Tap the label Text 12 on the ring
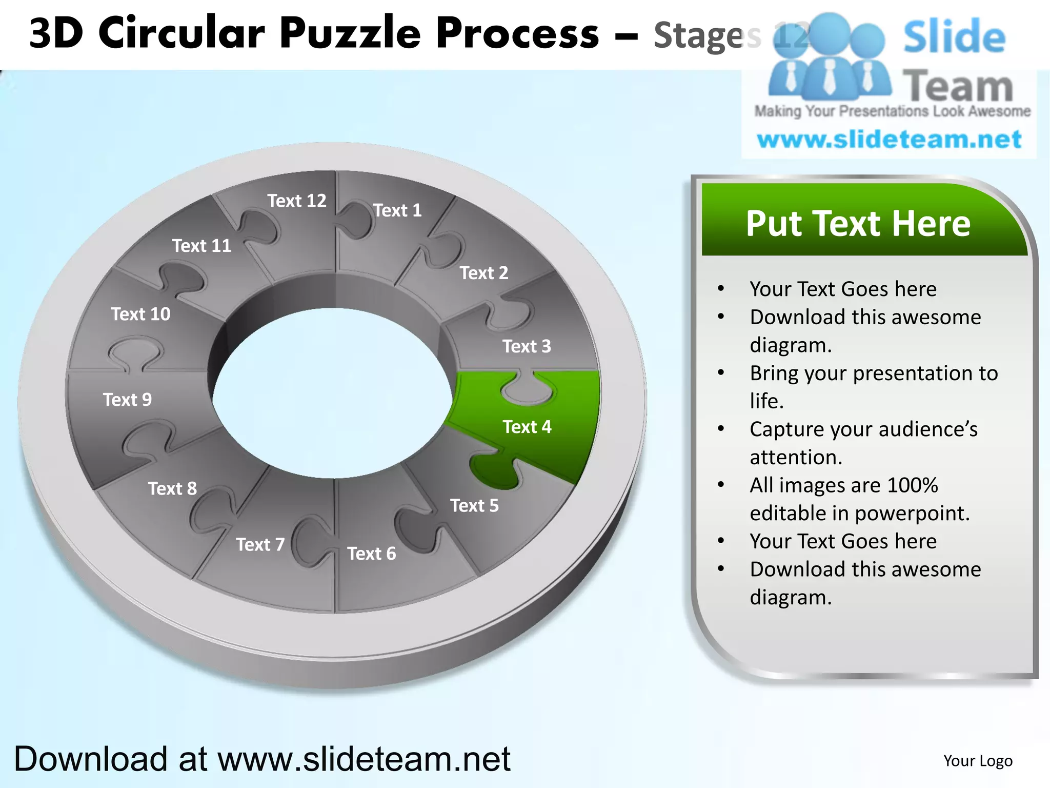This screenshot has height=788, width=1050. coord(296,201)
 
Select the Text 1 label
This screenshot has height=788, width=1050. coord(397,210)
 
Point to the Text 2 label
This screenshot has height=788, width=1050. coord(483,273)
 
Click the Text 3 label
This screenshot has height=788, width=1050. coord(527,346)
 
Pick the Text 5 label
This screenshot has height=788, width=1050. coord(474,506)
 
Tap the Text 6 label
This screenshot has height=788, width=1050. coord(371,554)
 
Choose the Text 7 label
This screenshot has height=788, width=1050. coord(260,544)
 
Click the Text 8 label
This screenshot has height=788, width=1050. coord(172,488)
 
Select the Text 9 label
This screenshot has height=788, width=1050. coord(127,400)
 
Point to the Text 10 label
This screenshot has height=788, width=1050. coord(140,314)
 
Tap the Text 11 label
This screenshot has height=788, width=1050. coord(201,246)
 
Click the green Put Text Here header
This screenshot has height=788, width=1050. coord(858,224)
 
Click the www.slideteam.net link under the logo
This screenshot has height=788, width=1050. coord(889,140)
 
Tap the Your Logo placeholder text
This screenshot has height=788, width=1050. coord(978,761)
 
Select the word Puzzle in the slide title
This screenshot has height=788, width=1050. coord(350,34)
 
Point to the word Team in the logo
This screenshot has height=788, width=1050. coord(957,86)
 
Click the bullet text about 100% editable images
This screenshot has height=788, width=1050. coord(859,499)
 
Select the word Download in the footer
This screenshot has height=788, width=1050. coord(91,759)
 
